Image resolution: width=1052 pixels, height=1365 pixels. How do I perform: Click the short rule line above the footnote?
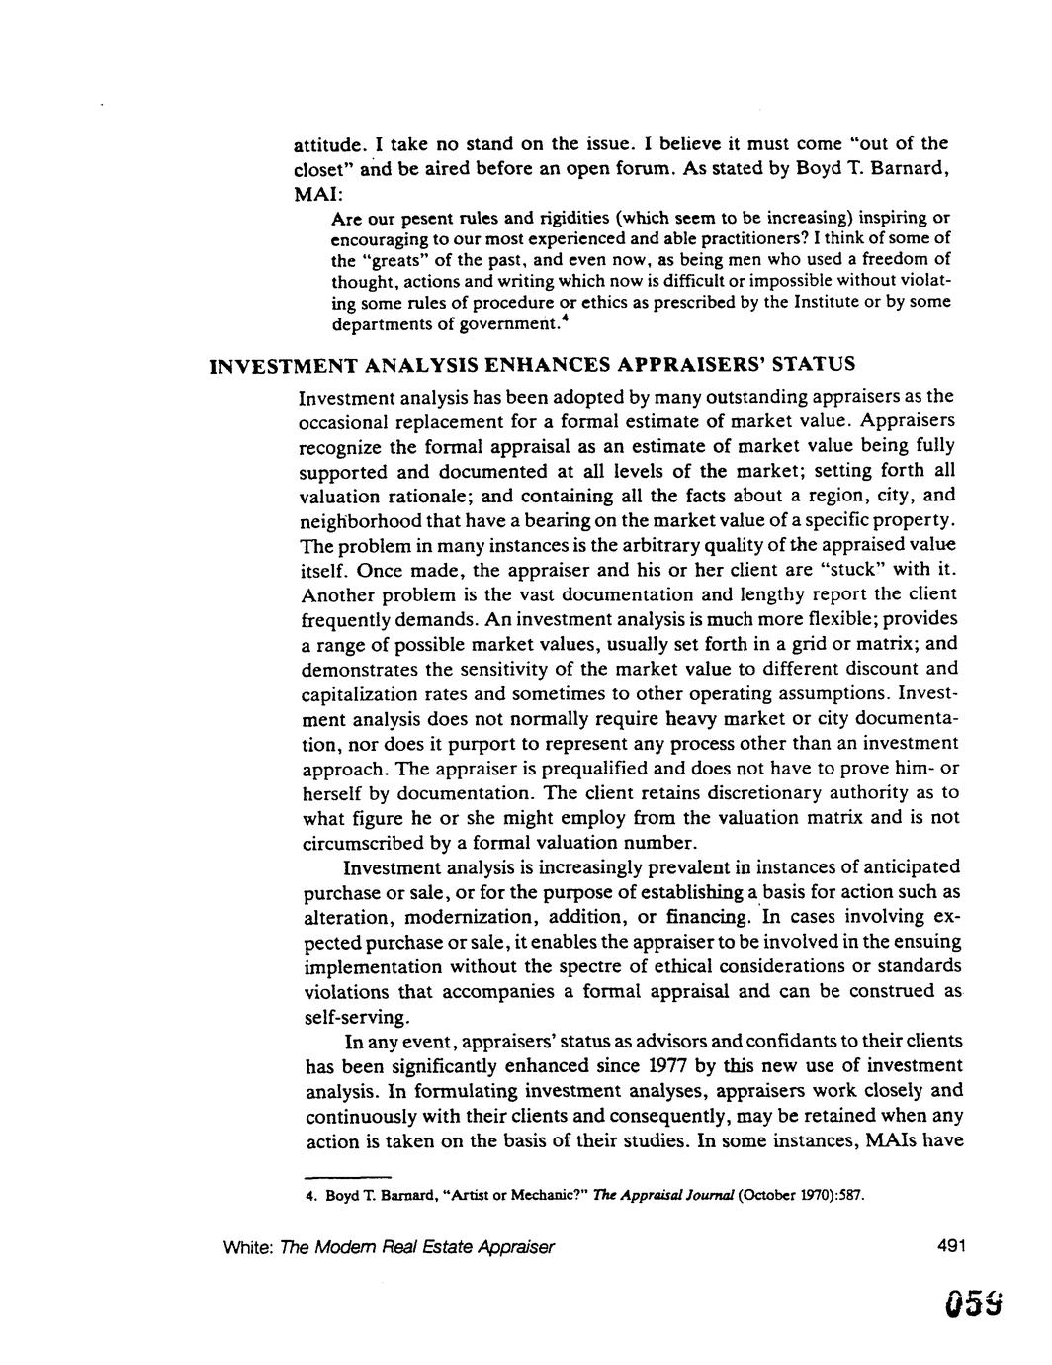346,1178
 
